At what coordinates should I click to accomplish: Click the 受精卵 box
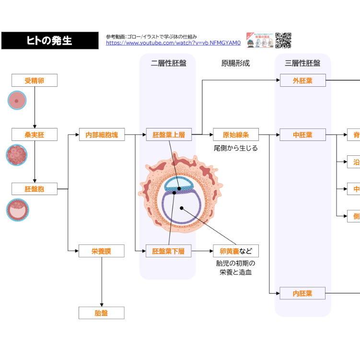click(x=35, y=81)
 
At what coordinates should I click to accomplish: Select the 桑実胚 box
click(x=35, y=135)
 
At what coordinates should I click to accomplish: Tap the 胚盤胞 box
click(x=35, y=189)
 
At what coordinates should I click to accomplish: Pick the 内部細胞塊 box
click(x=102, y=135)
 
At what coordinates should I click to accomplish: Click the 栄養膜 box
click(x=102, y=251)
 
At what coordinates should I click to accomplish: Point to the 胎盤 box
click(x=102, y=313)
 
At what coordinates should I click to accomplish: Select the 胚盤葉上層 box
click(x=169, y=135)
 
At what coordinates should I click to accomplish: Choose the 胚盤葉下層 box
click(x=168, y=251)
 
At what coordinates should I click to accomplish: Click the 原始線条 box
click(x=236, y=135)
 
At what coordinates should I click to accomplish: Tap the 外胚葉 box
click(x=302, y=81)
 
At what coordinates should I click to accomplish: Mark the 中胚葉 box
click(x=302, y=135)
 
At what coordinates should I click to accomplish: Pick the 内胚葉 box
click(x=302, y=293)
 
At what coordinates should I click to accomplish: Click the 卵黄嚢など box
click(x=236, y=251)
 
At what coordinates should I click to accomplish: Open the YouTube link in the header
click(x=173, y=43)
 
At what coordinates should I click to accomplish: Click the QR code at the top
click(x=283, y=40)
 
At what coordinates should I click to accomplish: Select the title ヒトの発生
click(x=50, y=41)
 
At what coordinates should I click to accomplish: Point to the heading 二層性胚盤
click(x=168, y=63)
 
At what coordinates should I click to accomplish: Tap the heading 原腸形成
click(x=235, y=63)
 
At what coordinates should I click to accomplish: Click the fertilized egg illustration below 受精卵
click(x=17, y=101)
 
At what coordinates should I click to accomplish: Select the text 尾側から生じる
click(x=236, y=148)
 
